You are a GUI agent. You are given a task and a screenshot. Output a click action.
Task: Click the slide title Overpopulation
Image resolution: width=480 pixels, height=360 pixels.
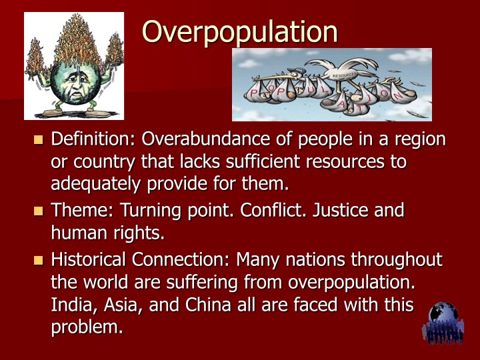[x=240, y=31]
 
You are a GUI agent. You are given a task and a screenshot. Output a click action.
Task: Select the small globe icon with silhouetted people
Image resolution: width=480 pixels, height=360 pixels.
[x=443, y=323]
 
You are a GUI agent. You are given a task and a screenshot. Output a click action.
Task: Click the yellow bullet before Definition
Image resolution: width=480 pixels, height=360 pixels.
[x=38, y=140]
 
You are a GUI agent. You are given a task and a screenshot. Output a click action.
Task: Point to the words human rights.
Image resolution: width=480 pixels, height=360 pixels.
[x=106, y=233]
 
